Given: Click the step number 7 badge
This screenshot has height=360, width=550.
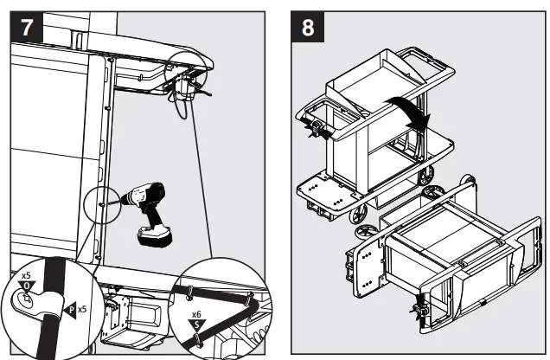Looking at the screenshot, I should point(27,26).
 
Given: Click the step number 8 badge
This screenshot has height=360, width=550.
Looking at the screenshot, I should point(307,26).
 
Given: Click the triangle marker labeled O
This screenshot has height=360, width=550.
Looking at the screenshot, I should point(27,286).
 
